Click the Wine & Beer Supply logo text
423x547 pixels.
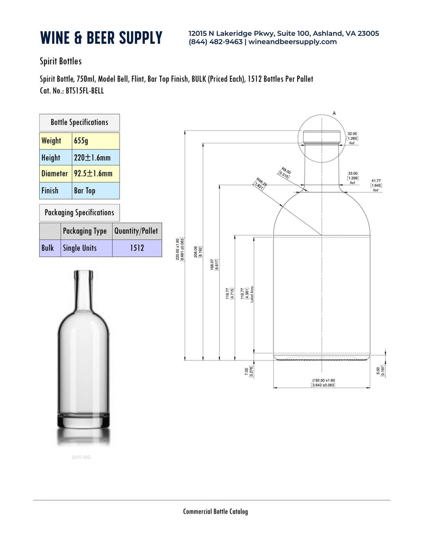coord(101,38)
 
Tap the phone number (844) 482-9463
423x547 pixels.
coord(215,42)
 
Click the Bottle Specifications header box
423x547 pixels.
coord(79,123)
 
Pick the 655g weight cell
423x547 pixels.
coord(95,141)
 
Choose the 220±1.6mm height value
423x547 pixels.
coord(95,157)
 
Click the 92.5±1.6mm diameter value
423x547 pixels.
coord(95,173)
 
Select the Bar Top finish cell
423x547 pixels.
coord(95,190)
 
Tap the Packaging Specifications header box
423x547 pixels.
coord(79,212)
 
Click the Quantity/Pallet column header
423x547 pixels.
coord(136,231)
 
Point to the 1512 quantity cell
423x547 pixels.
coord(136,248)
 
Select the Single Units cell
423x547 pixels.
coord(86,248)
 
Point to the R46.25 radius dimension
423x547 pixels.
coord(259,183)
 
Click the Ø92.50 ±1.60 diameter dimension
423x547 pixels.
coord(323,383)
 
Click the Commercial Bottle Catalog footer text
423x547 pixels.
coord(215,511)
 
